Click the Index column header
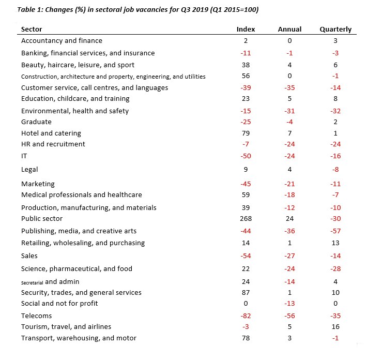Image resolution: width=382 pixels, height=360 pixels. pos(246,29)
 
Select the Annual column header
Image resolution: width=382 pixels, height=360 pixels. pos(289,29)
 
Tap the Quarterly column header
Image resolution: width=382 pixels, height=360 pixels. pos(335,29)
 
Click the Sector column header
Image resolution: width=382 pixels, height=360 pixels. pos(32,29)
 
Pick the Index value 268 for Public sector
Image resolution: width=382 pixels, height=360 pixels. pos(246,219)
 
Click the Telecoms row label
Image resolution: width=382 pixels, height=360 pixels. pos(36,316)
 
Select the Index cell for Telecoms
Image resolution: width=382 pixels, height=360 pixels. pos(246,316)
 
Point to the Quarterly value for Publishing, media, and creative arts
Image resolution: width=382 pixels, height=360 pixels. pos(335,231)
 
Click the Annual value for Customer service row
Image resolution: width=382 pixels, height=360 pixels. pos(289,88)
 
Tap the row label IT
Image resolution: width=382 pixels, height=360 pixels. pos(24,156)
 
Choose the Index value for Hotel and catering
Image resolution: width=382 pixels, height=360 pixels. pos(246,133)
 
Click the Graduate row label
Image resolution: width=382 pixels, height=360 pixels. pos(36,122)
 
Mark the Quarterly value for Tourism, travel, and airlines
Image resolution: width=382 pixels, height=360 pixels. pos(335,326)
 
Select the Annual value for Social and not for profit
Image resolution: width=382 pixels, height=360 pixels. pos(289,304)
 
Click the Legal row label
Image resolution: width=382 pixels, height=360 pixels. pos(29,170)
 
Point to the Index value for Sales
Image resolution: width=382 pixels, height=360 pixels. pos(246,256)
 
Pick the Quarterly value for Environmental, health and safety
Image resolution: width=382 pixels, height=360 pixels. pos(335,111)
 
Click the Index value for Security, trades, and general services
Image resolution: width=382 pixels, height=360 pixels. pos(246,292)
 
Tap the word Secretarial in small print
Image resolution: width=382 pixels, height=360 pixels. pos(32,283)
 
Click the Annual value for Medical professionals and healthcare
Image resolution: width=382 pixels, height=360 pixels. pos(289,195)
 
